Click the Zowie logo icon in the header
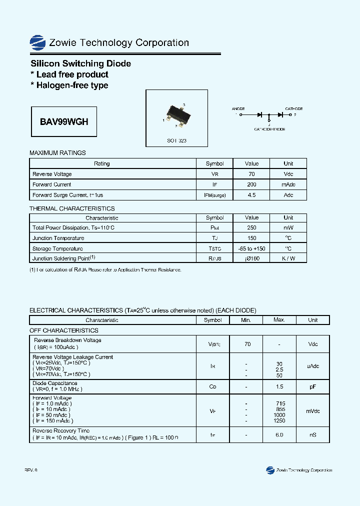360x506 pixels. click(x=38, y=42)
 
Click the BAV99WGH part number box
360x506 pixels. click(x=64, y=121)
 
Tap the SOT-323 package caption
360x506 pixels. click(x=176, y=141)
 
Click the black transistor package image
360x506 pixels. click(x=176, y=113)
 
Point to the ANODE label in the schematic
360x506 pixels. click(x=238, y=108)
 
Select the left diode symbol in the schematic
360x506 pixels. click(x=260, y=114)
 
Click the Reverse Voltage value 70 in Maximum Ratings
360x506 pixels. click(x=251, y=174)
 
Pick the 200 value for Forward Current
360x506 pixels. click(x=251, y=184)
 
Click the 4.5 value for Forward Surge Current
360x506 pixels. click(x=251, y=195)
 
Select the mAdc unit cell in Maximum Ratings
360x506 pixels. click(x=288, y=184)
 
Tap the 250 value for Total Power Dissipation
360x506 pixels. click(x=251, y=228)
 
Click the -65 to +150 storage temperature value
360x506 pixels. click(x=251, y=248)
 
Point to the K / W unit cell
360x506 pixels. click(x=288, y=258)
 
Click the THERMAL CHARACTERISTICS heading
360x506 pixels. click(x=72, y=208)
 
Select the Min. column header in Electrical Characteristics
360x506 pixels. click(x=245, y=320)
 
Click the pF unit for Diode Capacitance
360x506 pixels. click(x=312, y=386)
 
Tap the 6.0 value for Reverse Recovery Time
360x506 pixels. click(x=279, y=435)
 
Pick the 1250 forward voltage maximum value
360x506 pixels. click(x=279, y=421)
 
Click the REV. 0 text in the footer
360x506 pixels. click(x=31, y=470)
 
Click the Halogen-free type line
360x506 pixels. click(x=69, y=85)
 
